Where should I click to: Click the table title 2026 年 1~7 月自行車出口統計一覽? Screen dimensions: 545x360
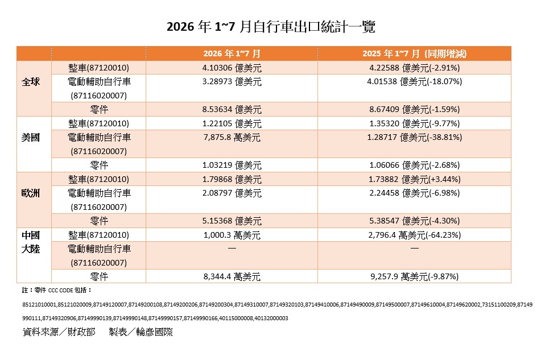pos(271,27)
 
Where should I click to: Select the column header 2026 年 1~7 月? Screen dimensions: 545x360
pos(232,54)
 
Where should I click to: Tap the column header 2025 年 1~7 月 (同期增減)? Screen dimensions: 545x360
pos(414,54)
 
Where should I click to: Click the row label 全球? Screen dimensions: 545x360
pos(31,82)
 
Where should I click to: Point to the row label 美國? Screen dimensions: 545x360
pos(31,138)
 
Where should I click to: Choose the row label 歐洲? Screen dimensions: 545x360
pos(31,193)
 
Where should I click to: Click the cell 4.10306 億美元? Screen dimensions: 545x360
pos(232,68)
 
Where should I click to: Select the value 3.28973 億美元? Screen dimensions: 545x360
pos(232,82)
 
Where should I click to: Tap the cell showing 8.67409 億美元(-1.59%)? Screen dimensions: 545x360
pos(414,109)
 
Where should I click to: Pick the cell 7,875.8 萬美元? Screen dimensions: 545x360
pos(232,137)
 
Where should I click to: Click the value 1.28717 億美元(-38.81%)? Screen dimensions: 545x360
pos(414,137)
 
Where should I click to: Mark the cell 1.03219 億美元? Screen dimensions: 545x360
pos(232,165)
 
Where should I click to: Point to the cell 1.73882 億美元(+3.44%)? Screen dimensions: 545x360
pos(414,179)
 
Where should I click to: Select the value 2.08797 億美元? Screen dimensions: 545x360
pos(232,193)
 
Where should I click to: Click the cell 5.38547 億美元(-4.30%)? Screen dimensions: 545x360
pos(414,221)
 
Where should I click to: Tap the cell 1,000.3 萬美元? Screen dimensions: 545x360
pos(232,235)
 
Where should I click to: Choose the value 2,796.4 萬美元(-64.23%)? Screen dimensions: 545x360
pos(414,235)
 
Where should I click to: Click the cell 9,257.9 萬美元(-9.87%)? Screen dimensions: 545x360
pos(414,276)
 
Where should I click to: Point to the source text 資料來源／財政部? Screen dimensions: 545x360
pos(59,332)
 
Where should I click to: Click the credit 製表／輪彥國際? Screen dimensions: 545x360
pos(141,332)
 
